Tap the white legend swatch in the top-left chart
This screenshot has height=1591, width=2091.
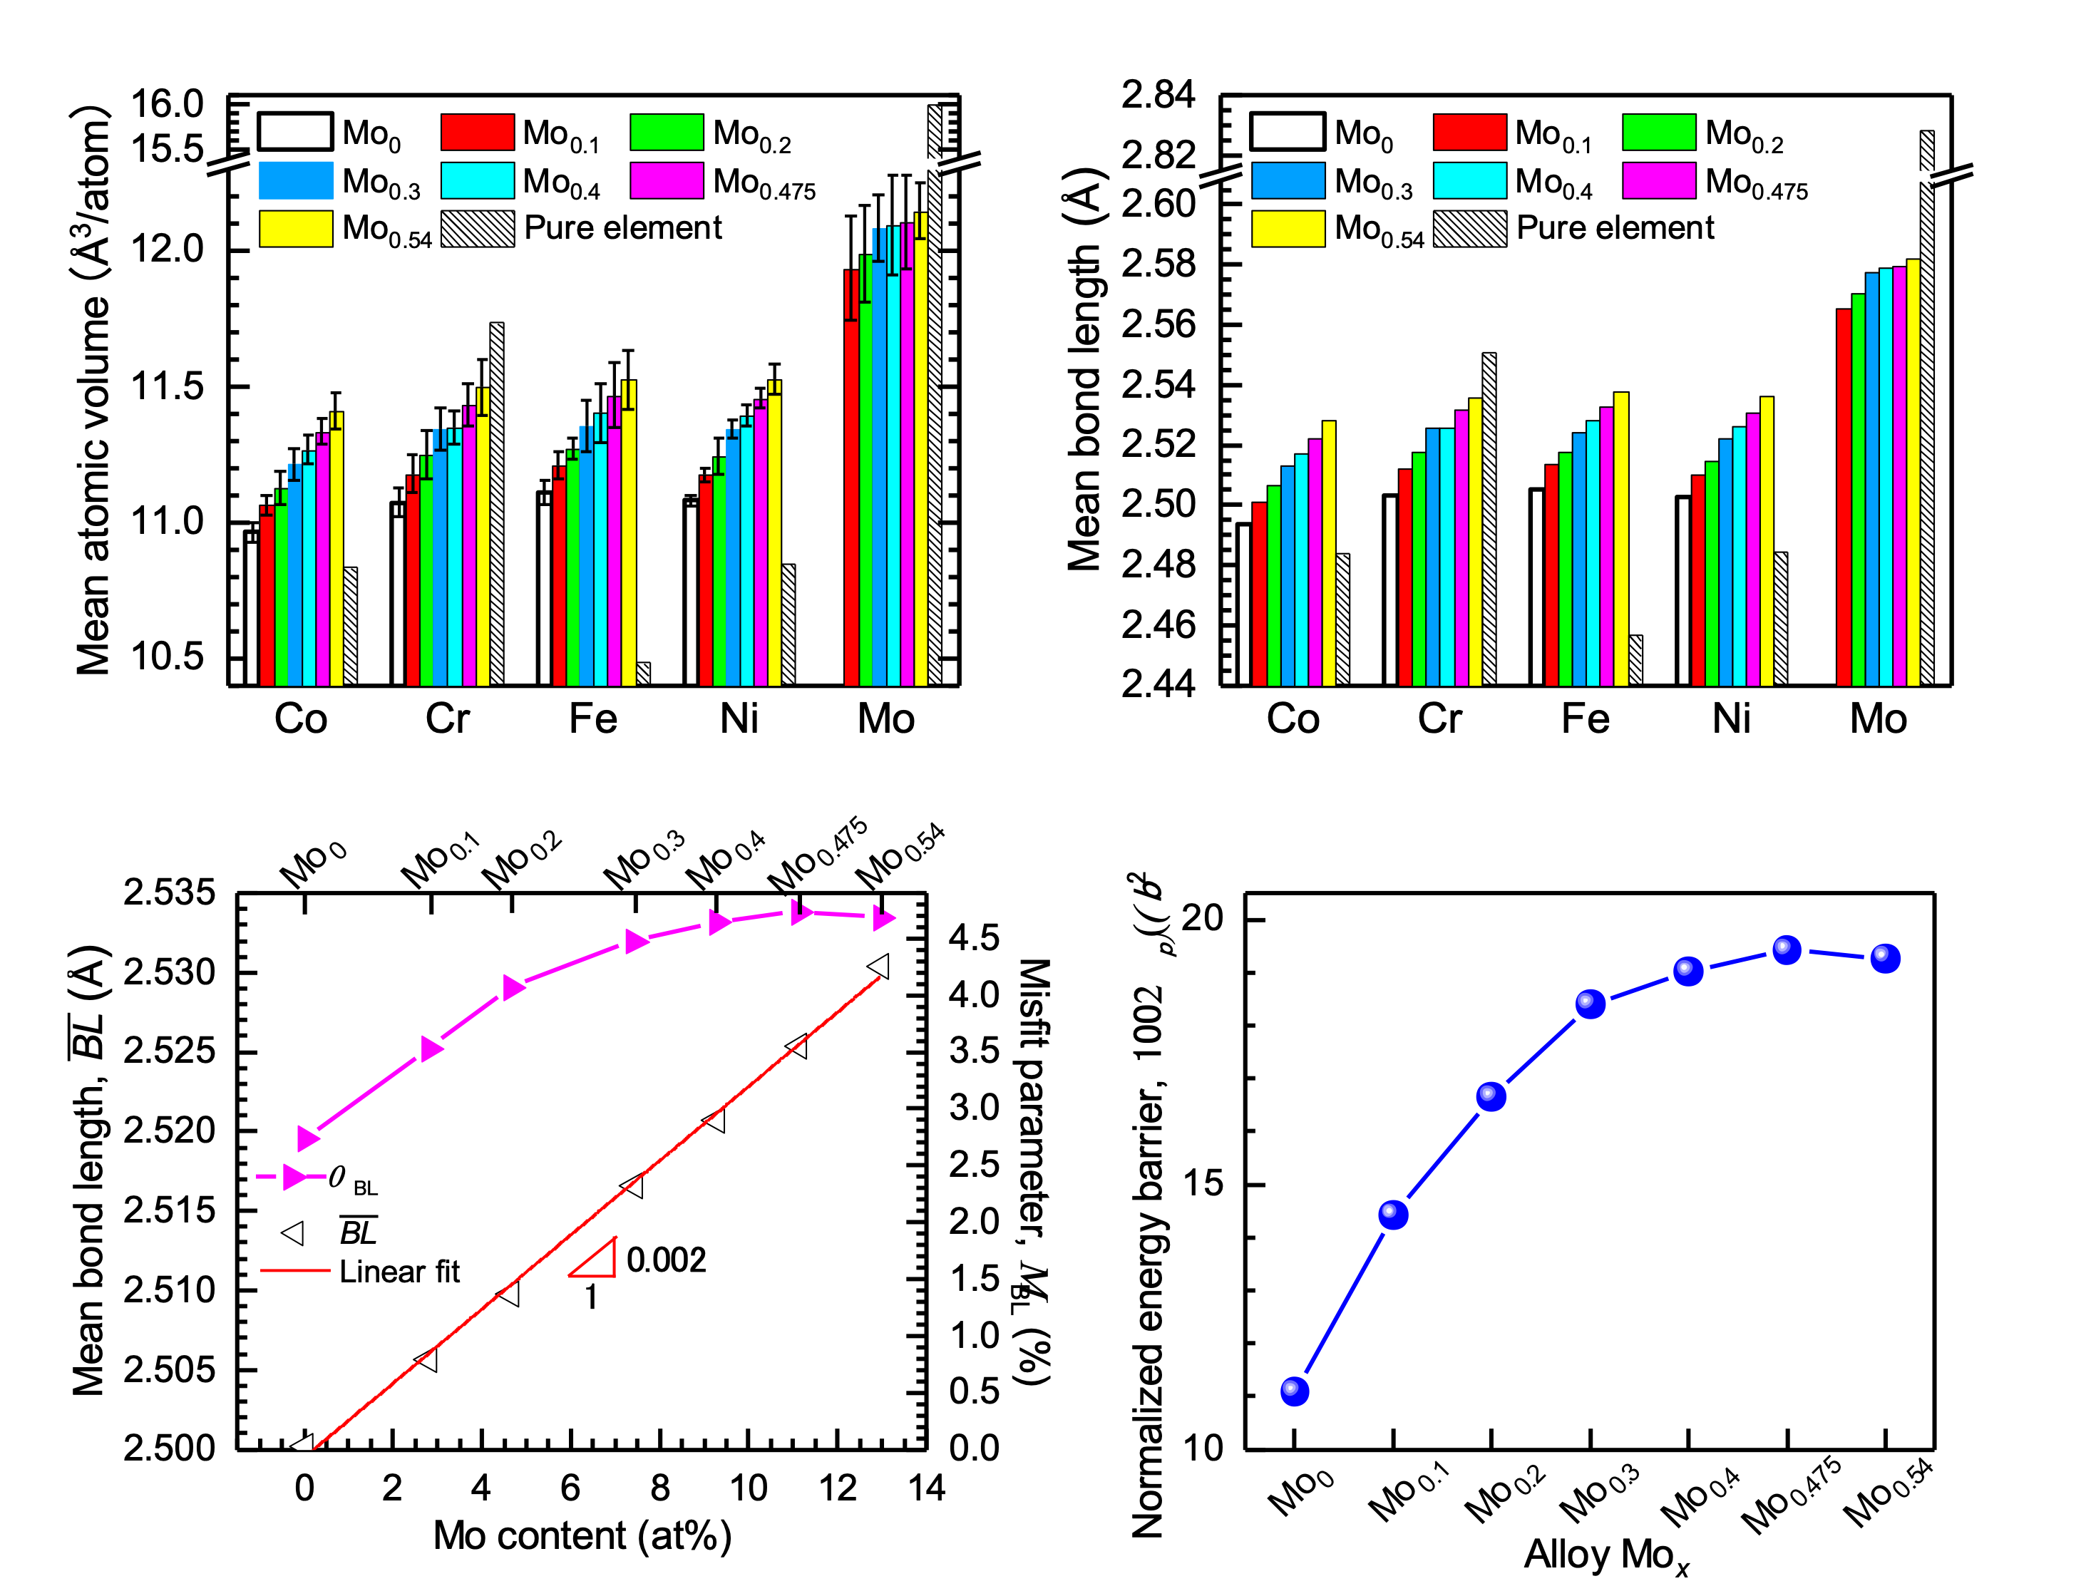click(295, 130)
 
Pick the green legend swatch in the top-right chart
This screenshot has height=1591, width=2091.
click(1658, 132)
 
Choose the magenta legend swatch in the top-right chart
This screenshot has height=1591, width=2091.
click(1658, 180)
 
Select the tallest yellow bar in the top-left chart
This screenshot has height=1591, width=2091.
click(920, 455)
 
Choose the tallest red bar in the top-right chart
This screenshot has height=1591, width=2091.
click(1844, 498)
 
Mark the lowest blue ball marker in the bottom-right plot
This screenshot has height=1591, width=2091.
click(1295, 1391)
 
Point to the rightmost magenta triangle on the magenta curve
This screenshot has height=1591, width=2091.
click(883, 917)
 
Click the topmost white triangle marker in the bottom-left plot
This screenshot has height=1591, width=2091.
click(879, 966)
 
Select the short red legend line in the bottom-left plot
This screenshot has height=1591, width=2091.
click(295, 1270)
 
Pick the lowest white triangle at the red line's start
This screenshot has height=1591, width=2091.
click(303, 1444)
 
